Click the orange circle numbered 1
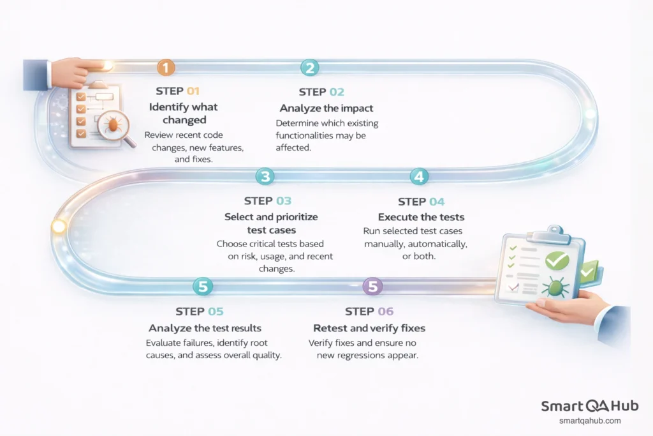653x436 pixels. pos(166,68)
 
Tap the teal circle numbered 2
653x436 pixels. pos(310,68)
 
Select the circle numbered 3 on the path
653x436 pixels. pos(265,177)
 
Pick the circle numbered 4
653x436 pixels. pos(418,177)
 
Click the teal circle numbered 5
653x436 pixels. pos(202,287)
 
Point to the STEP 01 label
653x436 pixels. pos(178,91)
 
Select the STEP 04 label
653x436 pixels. pos(421,202)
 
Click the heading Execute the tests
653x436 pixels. pos(420,217)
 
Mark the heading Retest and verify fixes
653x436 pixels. pos(369,328)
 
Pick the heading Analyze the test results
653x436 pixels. pos(205,328)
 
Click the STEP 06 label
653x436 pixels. pos(369,312)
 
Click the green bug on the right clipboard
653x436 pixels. pos(554,287)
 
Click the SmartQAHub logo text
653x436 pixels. pos(589,407)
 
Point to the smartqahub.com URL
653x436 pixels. pos(589,421)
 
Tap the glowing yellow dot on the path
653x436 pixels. pos(59,226)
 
